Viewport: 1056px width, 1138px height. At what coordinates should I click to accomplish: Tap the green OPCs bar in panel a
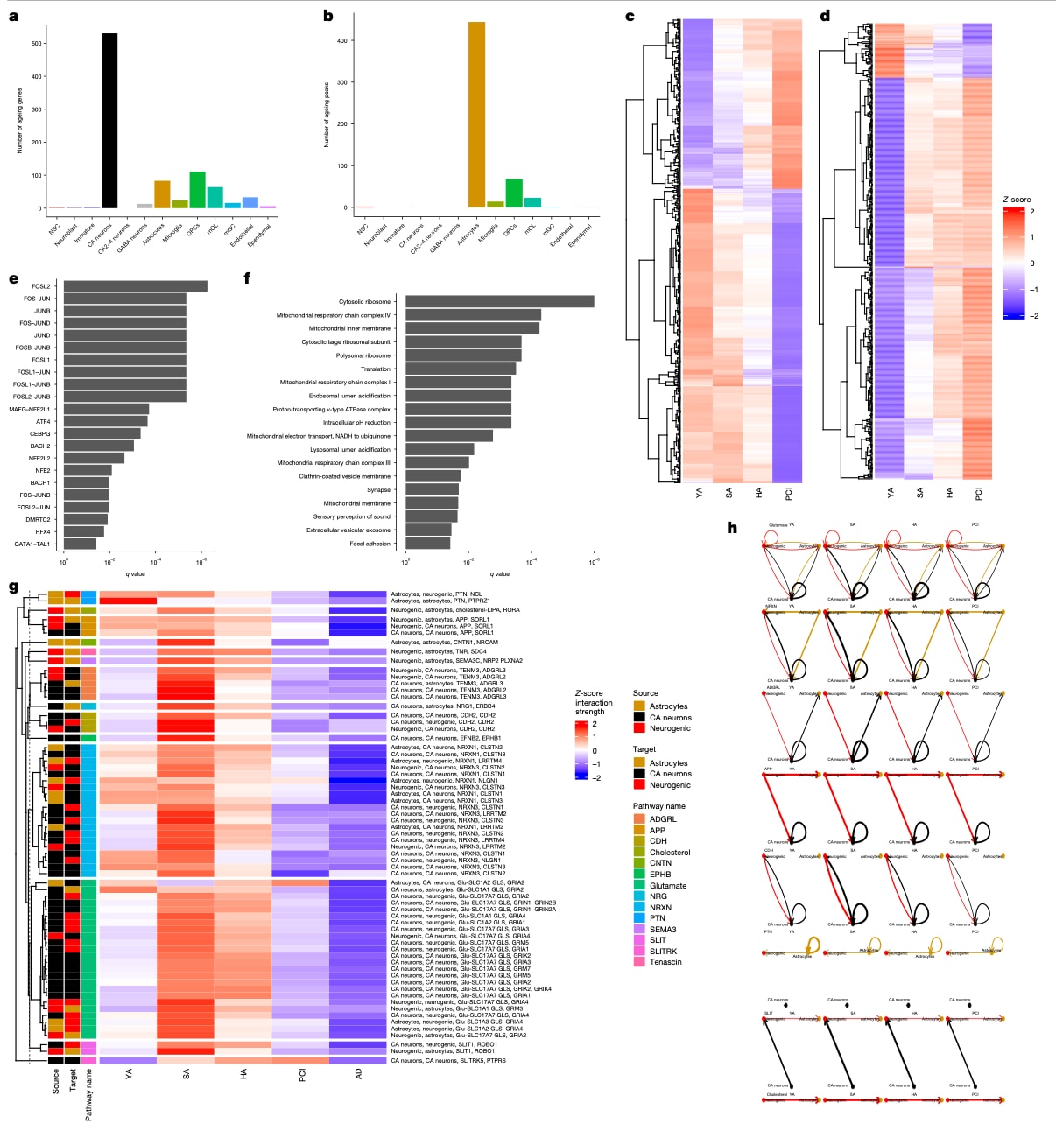(197, 190)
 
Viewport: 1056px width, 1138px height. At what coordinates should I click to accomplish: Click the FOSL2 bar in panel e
(135, 286)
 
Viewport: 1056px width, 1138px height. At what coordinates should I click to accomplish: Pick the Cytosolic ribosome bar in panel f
(499, 301)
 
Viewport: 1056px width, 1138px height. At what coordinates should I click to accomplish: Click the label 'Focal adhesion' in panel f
(370, 544)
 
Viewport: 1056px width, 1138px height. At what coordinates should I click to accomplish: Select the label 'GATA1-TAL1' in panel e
(31, 544)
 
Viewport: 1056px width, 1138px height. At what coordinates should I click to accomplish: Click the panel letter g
(13, 587)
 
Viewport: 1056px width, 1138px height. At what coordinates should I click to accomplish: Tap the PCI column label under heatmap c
(789, 494)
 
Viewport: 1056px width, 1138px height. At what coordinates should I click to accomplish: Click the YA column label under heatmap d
(891, 494)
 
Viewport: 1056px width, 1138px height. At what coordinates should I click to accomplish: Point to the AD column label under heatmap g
(358, 1073)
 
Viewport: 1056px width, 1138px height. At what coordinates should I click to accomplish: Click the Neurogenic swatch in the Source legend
(639, 728)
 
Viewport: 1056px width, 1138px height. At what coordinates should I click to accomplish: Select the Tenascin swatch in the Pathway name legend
(639, 962)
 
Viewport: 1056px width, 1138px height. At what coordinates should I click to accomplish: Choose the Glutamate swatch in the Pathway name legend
(639, 885)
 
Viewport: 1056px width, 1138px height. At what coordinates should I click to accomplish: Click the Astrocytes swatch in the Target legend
(639, 762)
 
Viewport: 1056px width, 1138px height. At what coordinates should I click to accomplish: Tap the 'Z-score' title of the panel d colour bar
(1017, 200)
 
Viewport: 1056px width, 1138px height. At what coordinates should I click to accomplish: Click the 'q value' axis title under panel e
(136, 574)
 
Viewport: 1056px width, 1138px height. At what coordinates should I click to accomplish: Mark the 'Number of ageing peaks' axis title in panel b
(327, 115)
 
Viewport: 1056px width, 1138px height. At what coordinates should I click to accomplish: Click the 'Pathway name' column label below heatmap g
(88, 1094)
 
